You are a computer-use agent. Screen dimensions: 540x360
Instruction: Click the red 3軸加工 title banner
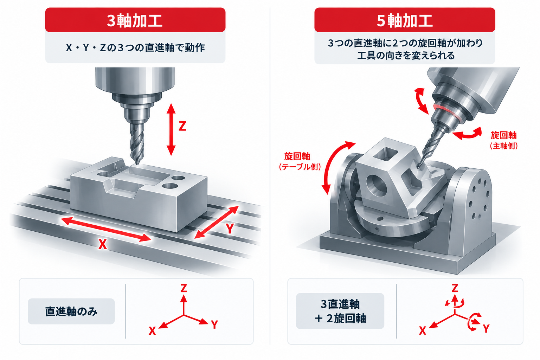(x=135, y=20)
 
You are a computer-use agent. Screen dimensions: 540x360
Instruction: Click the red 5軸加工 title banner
(x=405, y=20)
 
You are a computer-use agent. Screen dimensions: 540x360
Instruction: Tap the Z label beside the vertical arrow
(x=182, y=126)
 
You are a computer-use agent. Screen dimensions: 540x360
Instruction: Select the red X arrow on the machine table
(x=106, y=229)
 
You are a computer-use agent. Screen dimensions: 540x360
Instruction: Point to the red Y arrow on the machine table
(x=217, y=222)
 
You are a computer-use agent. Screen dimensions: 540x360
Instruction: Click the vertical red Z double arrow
(x=171, y=129)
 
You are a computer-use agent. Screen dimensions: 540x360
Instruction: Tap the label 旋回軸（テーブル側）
(x=300, y=161)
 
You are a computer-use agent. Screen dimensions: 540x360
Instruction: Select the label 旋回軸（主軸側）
(x=503, y=140)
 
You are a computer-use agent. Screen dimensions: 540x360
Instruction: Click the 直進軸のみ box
(x=71, y=311)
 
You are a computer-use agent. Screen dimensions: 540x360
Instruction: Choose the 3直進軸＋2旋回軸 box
(x=340, y=311)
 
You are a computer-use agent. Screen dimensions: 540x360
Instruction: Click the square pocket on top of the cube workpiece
(x=385, y=154)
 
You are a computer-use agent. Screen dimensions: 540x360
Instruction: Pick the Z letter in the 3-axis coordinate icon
(x=184, y=288)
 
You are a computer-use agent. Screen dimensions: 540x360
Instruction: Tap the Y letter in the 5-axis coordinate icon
(x=486, y=329)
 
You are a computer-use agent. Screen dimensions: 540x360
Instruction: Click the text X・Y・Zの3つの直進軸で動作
(x=135, y=48)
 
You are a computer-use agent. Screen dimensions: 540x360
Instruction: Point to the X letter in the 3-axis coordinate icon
(x=152, y=331)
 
